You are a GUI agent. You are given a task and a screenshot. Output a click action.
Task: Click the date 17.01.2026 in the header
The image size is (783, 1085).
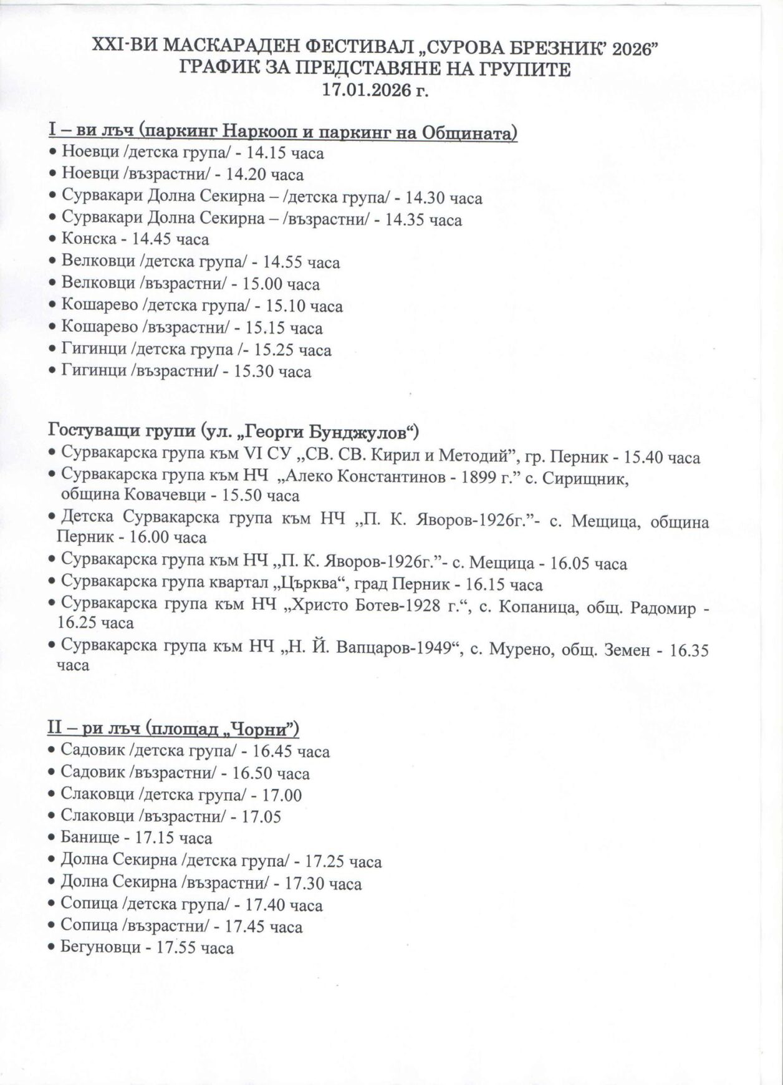tap(367, 89)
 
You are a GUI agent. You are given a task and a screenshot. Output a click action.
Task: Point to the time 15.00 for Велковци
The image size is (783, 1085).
tap(266, 284)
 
